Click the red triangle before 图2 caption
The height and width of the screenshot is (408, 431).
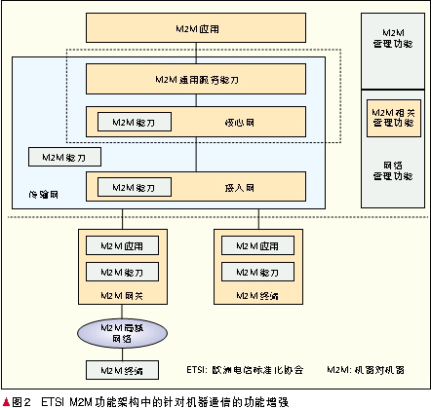(x=6, y=400)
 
